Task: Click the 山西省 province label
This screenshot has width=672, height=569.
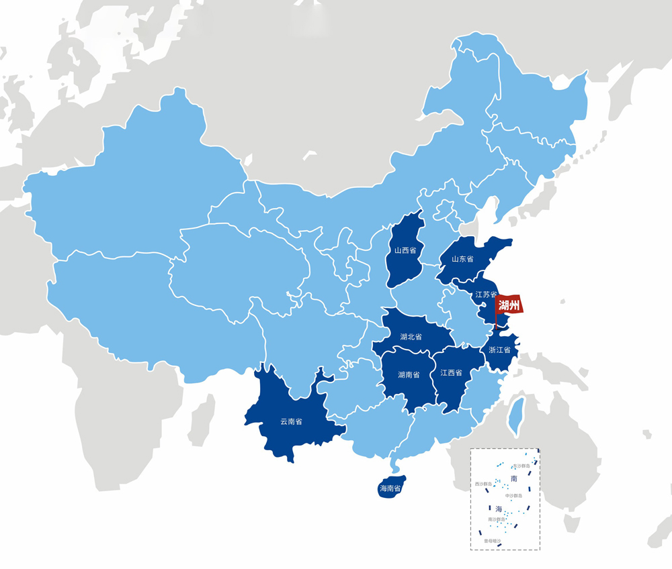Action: tap(405, 250)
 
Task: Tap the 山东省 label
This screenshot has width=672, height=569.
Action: tap(462, 259)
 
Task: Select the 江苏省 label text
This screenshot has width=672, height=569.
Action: tap(485, 295)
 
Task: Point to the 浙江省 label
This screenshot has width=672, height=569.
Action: tap(499, 350)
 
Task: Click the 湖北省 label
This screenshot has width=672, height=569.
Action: tap(411, 336)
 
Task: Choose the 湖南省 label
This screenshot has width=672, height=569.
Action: tap(409, 374)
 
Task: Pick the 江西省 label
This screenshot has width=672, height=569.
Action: tap(452, 372)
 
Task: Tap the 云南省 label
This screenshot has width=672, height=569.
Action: tap(291, 422)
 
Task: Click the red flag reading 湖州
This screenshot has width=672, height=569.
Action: tap(509, 306)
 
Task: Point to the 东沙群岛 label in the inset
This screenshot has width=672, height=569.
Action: tap(521, 466)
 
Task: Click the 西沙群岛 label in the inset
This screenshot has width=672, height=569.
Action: tap(483, 484)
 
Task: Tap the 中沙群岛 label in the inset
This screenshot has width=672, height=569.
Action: tap(513, 496)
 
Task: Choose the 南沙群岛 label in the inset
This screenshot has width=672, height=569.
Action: tap(497, 519)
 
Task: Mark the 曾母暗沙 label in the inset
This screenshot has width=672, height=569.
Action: tap(492, 541)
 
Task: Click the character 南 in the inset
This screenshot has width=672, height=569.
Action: tap(514, 478)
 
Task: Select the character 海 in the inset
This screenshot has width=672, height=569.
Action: tap(499, 508)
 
